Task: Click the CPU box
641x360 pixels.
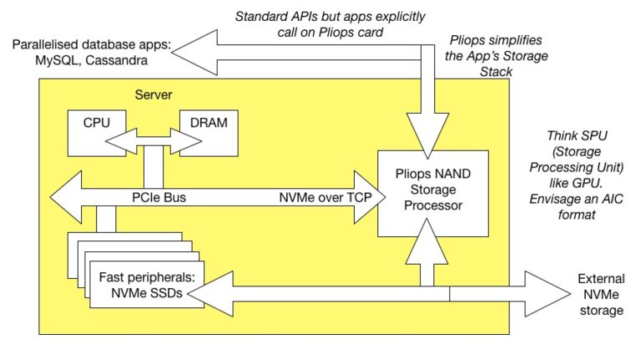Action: coord(97,129)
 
